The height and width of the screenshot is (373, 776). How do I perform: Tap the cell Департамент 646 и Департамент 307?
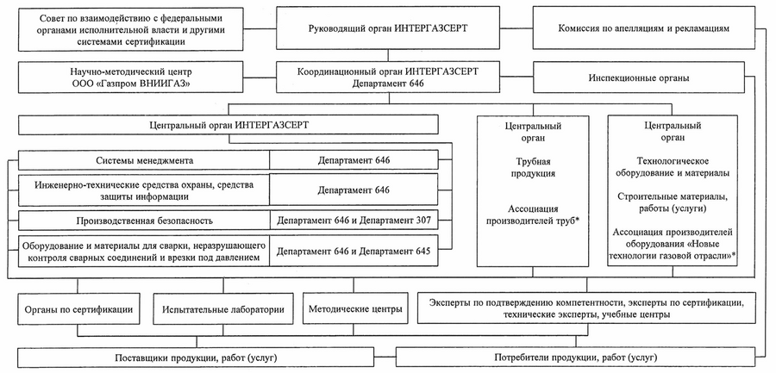coord(353,220)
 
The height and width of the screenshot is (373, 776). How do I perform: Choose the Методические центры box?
coord(353,308)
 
